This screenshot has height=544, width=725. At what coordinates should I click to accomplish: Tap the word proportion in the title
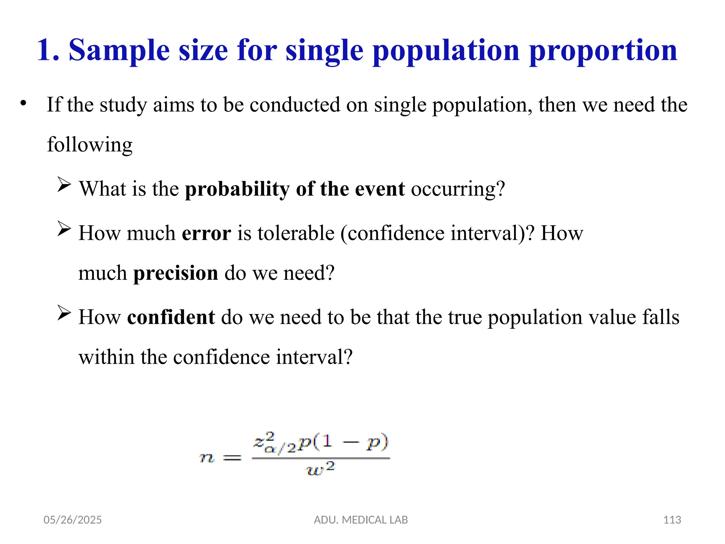pyautogui.click(x=603, y=51)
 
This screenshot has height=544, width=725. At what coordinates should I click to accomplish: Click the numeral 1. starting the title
pyautogui.click(x=48, y=51)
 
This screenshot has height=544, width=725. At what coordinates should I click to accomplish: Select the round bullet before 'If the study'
pyautogui.click(x=23, y=104)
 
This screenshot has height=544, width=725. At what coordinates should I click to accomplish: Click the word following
pyautogui.click(x=90, y=145)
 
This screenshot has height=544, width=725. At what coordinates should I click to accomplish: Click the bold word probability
pyautogui.click(x=237, y=189)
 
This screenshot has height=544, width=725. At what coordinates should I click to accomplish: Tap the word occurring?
pyautogui.click(x=458, y=189)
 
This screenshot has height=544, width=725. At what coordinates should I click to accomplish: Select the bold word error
pyautogui.click(x=206, y=233)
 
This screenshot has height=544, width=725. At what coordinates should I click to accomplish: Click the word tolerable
pyautogui.click(x=296, y=233)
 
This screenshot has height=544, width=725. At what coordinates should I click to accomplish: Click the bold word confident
pyautogui.click(x=171, y=317)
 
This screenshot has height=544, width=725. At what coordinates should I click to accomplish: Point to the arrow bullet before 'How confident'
pyautogui.click(x=64, y=313)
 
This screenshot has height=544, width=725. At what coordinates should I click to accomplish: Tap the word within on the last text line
pyautogui.click(x=106, y=357)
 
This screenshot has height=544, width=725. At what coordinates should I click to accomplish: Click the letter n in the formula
pyautogui.click(x=206, y=458)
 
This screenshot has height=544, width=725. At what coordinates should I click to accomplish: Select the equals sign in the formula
pyautogui.click(x=232, y=458)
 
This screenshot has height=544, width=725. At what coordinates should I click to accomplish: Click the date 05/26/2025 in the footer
pyautogui.click(x=72, y=520)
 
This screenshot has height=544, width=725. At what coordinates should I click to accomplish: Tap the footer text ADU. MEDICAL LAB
pyautogui.click(x=361, y=520)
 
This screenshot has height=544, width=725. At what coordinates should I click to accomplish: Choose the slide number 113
pyautogui.click(x=672, y=520)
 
